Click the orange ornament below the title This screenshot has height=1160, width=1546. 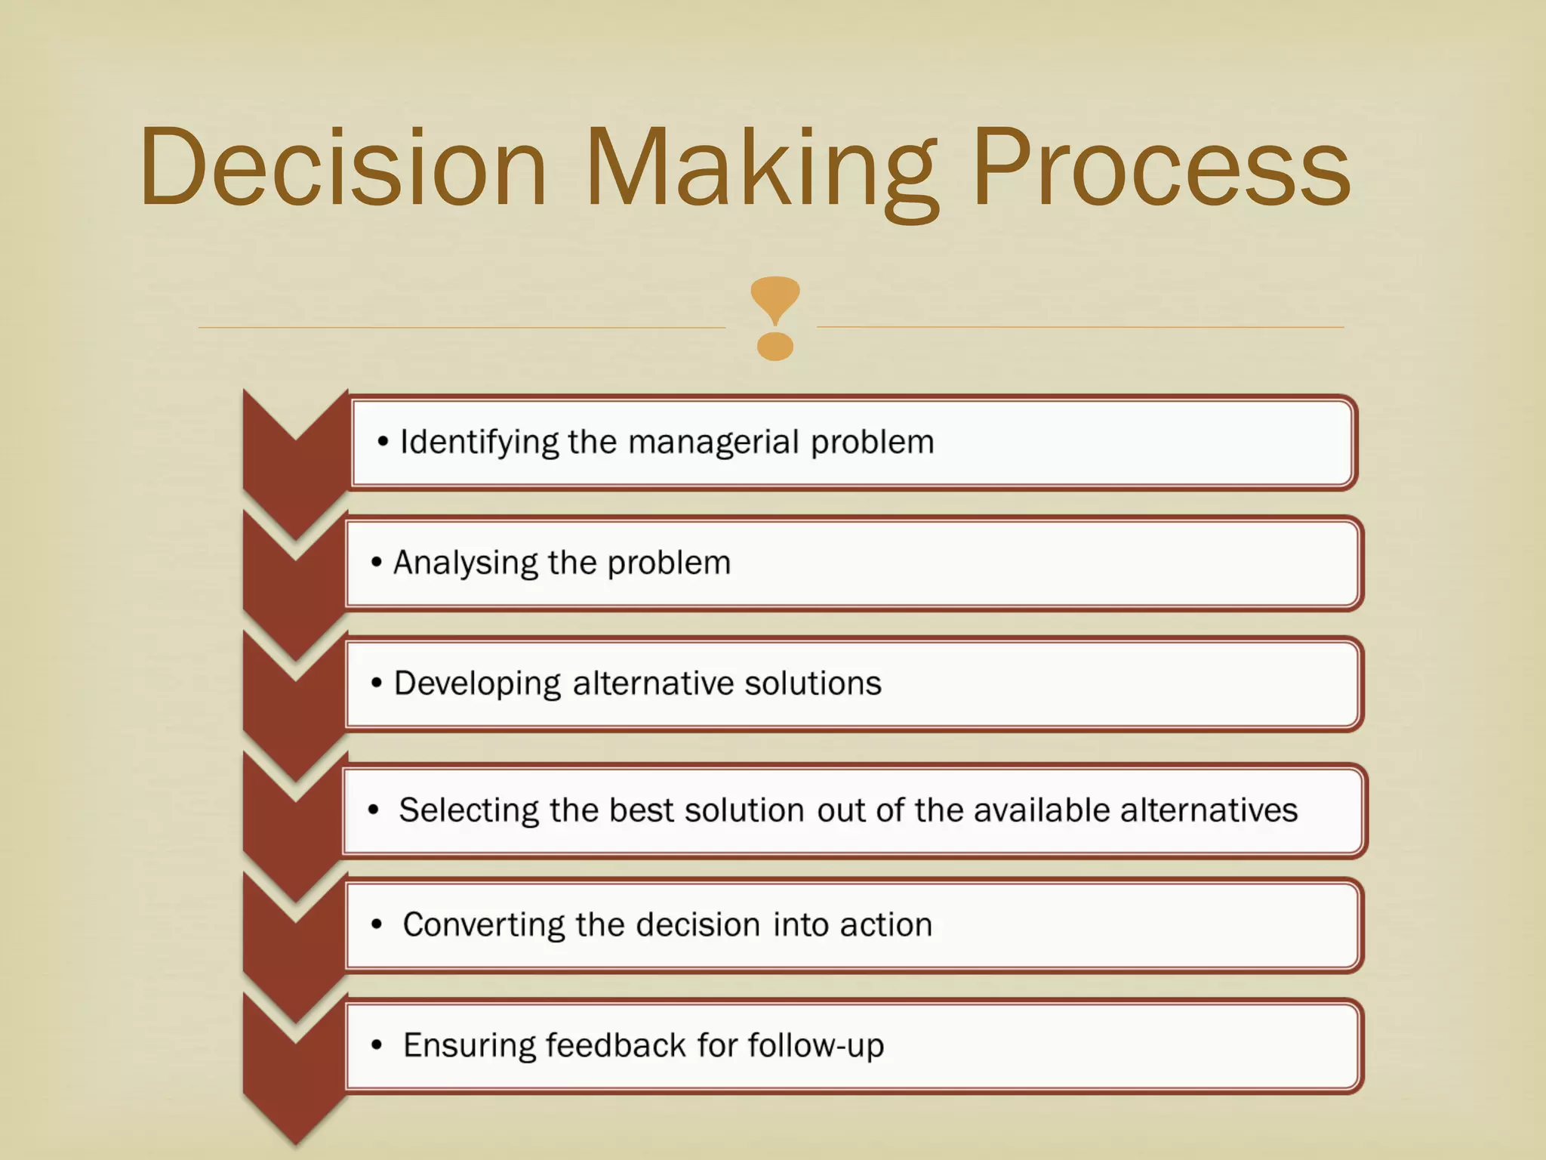[x=775, y=318]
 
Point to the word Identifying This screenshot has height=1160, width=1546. [x=479, y=443]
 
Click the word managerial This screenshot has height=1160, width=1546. [x=713, y=443]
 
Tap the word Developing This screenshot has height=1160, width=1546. [x=477, y=684]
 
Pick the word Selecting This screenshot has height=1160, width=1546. [x=468, y=810]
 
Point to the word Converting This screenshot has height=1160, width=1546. [x=483, y=925]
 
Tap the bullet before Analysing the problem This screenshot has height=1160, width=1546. [x=376, y=563]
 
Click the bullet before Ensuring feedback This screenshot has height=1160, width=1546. [x=377, y=1046]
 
